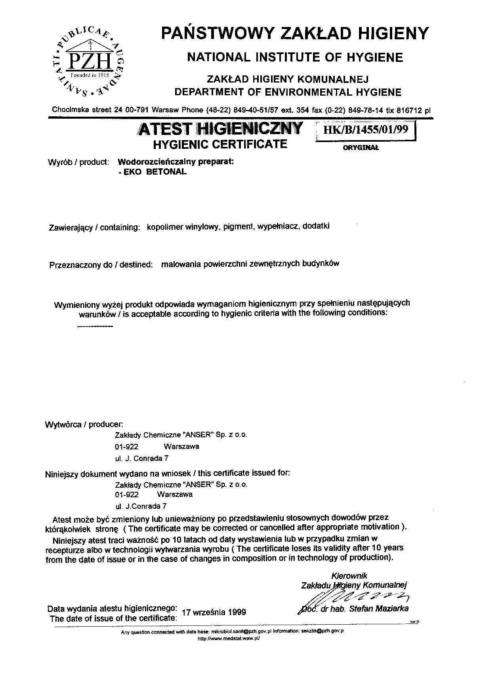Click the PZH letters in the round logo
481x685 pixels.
(x=89, y=61)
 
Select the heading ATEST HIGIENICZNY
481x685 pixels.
(x=219, y=129)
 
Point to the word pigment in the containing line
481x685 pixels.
(x=238, y=227)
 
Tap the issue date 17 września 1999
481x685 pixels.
(x=214, y=612)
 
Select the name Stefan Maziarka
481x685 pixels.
(x=379, y=609)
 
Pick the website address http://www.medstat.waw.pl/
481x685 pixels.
(x=229, y=639)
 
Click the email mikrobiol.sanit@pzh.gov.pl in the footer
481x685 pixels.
(x=241, y=631)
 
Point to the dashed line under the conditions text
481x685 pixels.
(x=95, y=326)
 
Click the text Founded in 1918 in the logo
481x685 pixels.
(x=89, y=75)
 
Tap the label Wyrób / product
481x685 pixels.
(x=78, y=162)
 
